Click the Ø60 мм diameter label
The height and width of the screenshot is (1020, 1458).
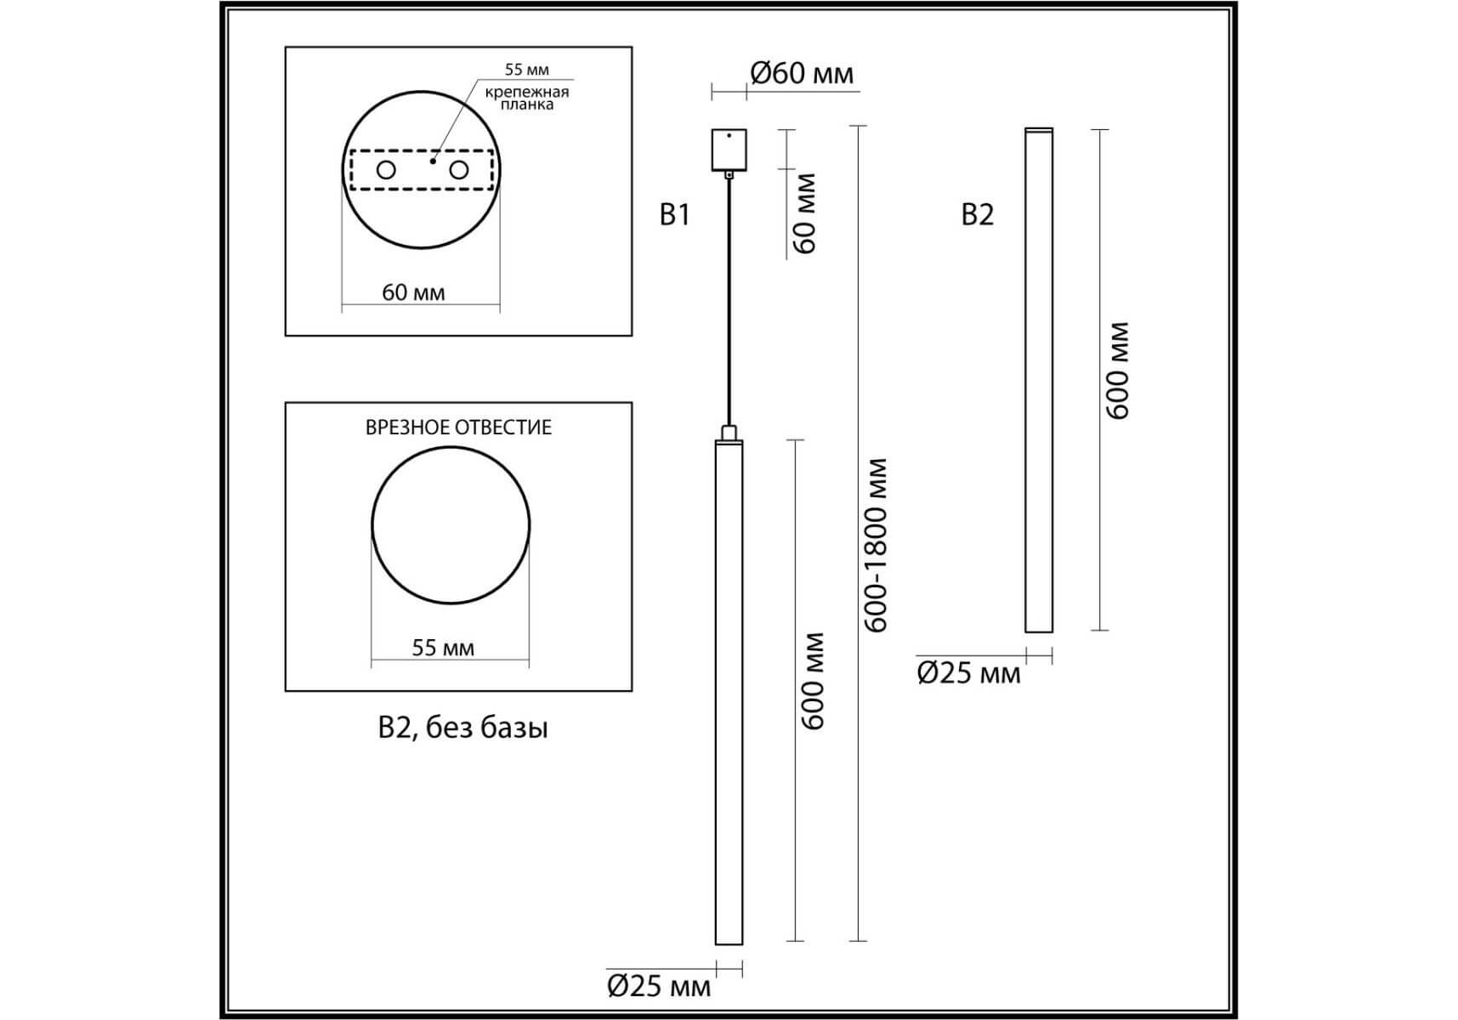pos(802,74)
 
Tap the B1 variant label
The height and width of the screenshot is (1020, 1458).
pos(674,215)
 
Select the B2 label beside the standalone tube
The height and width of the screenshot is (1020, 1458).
pos(977,215)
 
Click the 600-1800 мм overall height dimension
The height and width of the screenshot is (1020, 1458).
pos(875,546)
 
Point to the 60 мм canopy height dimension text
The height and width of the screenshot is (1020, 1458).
pos(804,213)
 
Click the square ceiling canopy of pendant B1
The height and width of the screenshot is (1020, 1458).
pos(729,150)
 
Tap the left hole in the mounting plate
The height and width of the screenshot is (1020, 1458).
pos(386,170)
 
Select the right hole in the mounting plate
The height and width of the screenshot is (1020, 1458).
pos(459,170)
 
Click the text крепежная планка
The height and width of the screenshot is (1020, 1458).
pos(527,98)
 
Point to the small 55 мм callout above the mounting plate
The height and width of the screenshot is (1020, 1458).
pos(527,70)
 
